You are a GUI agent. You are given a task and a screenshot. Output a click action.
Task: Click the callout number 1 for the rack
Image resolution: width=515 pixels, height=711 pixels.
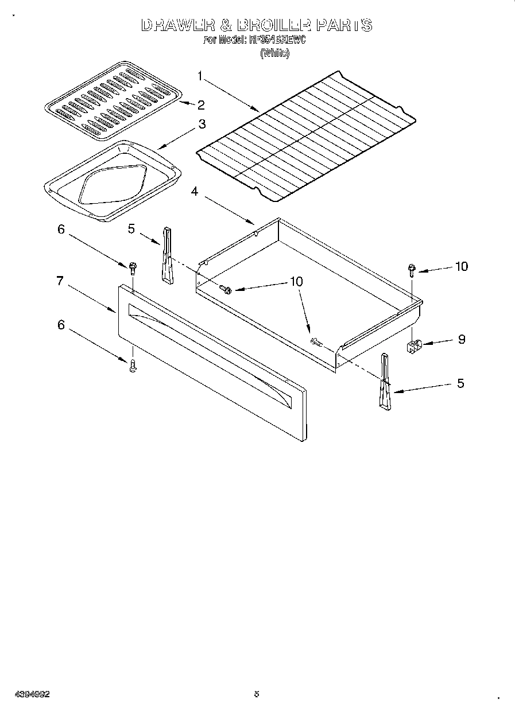click(x=200, y=75)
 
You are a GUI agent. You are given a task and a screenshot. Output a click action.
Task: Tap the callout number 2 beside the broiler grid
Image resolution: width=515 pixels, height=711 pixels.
click(x=201, y=104)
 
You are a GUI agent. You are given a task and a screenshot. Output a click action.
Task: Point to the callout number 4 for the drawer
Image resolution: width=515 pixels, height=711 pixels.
click(x=195, y=192)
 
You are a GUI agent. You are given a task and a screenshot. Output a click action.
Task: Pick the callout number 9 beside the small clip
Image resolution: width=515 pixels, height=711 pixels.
click(x=461, y=339)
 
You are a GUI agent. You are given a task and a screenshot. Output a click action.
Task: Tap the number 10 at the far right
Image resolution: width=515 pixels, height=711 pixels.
click(x=461, y=266)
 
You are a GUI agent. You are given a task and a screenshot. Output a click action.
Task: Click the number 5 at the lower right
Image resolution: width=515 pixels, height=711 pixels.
click(x=460, y=383)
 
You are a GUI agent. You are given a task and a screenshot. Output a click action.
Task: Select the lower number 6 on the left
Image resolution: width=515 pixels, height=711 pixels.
click(x=61, y=325)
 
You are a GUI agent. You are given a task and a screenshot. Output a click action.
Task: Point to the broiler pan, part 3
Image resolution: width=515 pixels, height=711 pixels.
click(x=112, y=181)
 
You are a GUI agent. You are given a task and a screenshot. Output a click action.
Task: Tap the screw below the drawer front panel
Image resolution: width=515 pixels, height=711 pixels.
click(x=133, y=366)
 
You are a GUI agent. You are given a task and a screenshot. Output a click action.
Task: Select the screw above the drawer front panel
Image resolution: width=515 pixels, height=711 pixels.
click(x=133, y=267)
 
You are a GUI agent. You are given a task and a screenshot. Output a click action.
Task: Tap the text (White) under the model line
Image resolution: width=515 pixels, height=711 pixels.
click(x=274, y=53)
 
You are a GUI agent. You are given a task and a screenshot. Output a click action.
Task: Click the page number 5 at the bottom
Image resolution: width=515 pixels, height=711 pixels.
click(x=257, y=694)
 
